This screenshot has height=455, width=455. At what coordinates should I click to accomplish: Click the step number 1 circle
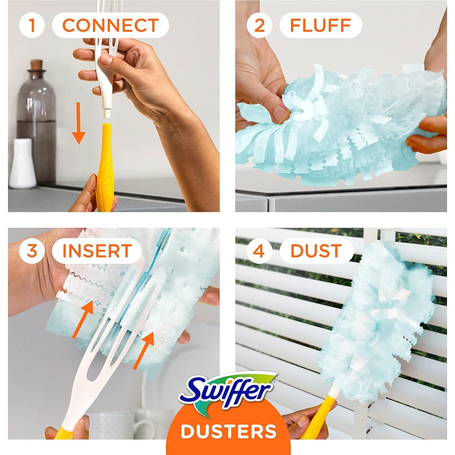click(x=32, y=25)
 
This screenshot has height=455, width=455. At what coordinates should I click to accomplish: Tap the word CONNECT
click(x=110, y=25)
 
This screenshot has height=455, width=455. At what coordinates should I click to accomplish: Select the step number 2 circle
click(x=260, y=25)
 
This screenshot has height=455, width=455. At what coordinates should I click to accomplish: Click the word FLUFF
click(x=321, y=25)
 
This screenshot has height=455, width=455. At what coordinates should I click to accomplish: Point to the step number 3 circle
click(x=32, y=251)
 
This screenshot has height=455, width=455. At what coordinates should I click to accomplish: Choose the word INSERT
click(x=97, y=251)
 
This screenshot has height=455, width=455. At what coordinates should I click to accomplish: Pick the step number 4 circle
click(x=260, y=251)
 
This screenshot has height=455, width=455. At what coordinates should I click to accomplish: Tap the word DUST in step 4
click(x=316, y=251)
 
